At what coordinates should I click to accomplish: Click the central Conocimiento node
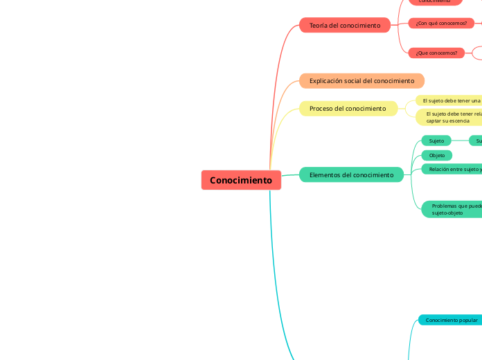(241, 180)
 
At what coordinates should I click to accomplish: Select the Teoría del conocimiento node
(345, 26)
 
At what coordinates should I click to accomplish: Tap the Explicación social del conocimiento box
(361, 81)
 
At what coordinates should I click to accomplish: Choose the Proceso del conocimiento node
(348, 109)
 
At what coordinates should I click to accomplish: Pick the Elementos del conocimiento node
(351, 175)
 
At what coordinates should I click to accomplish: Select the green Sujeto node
(436, 141)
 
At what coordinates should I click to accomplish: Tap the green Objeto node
(437, 155)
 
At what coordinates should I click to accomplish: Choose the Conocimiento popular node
(451, 320)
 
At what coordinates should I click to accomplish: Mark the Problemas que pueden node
(454, 209)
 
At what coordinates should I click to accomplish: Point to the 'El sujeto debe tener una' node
(450, 100)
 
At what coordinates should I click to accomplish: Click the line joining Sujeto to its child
(460, 141)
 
